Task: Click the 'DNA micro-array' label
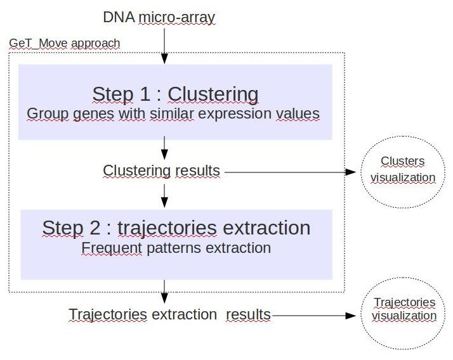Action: click(159, 17)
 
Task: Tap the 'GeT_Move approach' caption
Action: click(65, 43)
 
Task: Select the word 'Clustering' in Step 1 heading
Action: click(213, 94)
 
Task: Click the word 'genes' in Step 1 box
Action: click(94, 114)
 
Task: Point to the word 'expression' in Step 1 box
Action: click(234, 114)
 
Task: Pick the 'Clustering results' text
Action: click(162, 170)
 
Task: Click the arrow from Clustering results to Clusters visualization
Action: click(290, 172)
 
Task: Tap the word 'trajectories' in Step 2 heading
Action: click(167, 229)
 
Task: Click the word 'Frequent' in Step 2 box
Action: click(112, 248)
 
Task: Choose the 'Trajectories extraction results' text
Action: click(169, 314)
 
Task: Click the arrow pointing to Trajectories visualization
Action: click(314, 316)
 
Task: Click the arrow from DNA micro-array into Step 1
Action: click(164, 46)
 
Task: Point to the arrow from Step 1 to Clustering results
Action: click(164, 148)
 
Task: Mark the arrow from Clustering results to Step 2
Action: click(164, 196)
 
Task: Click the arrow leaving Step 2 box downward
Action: click(164, 292)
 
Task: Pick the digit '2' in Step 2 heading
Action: click(95, 228)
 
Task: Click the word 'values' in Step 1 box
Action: click(298, 113)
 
